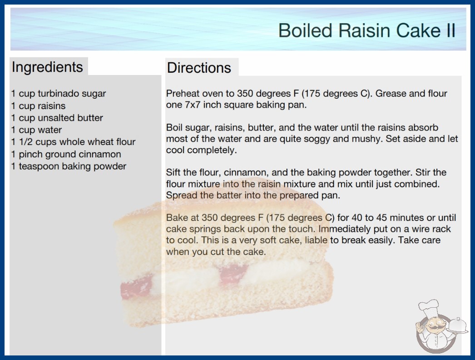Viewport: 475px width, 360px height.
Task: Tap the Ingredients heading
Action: click(47, 67)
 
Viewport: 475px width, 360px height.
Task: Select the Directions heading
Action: click(199, 68)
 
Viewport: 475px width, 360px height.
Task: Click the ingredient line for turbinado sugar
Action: click(59, 94)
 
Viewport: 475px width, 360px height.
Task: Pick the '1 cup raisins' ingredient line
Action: click(38, 106)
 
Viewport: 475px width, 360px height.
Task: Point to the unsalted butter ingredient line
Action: click(57, 118)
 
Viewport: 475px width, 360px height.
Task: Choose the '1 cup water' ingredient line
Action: click(36, 130)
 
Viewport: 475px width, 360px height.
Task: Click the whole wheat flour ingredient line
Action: click(73, 142)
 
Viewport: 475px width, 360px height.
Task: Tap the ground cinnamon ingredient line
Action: click(66, 155)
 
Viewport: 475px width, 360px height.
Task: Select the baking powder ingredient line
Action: click(69, 166)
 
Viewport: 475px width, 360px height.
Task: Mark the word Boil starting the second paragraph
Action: click(174, 127)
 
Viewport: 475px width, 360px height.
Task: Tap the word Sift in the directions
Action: click(173, 172)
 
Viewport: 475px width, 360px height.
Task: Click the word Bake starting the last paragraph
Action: click(175, 218)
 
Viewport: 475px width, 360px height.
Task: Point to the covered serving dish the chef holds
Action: click(458, 326)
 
